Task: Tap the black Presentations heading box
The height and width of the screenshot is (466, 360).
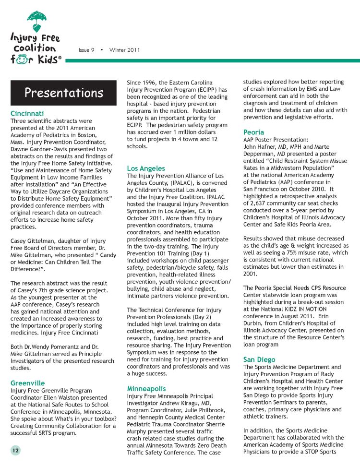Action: point(64,92)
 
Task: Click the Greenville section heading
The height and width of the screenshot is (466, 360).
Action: point(27,383)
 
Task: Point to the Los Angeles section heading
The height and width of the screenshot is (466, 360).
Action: point(146,168)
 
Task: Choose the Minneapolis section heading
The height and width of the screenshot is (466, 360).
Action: point(146,388)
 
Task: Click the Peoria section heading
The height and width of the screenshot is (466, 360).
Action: point(254,132)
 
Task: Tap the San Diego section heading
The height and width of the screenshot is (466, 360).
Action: point(259,359)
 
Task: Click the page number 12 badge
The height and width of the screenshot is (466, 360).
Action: point(15,450)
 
